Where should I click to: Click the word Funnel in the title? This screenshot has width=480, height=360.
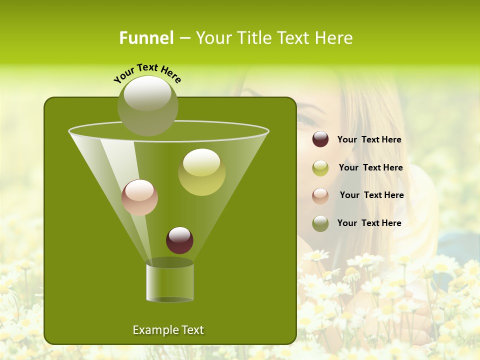click(146, 38)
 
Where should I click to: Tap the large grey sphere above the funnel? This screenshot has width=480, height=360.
click(147, 105)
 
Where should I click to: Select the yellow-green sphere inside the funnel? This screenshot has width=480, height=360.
click(201, 171)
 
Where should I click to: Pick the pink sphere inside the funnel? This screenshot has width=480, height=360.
click(139, 197)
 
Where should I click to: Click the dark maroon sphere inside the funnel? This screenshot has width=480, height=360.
click(179, 240)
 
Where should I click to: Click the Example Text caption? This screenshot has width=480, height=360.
click(168, 330)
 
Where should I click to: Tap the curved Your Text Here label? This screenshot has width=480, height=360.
click(147, 72)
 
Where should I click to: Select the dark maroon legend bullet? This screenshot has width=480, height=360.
click(320, 139)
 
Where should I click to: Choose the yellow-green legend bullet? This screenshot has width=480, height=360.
click(320, 168)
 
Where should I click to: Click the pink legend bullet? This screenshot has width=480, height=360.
click(320, 195)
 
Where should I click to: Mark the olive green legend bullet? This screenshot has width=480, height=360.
click(320, 223)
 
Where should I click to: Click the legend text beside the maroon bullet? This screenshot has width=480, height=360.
click(369, 140)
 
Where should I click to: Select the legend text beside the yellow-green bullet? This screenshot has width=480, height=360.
click(370, 168)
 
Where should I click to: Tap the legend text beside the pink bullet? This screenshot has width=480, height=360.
click(371, 195)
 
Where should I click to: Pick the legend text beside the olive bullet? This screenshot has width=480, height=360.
click(369, 223)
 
